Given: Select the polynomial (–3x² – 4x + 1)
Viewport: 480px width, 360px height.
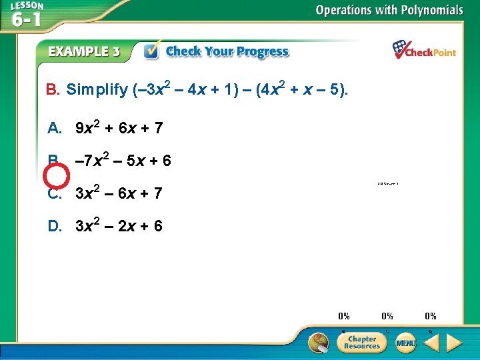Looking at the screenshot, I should tap(184, 88).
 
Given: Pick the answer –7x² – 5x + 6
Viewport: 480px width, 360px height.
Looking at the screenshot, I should tap(123, 161).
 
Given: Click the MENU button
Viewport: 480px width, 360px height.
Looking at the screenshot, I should tap(405, 343).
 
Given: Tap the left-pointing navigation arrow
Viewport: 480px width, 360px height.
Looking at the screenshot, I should tap(431, 343).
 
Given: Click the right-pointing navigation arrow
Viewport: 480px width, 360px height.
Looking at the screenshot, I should tap(455, 343).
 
